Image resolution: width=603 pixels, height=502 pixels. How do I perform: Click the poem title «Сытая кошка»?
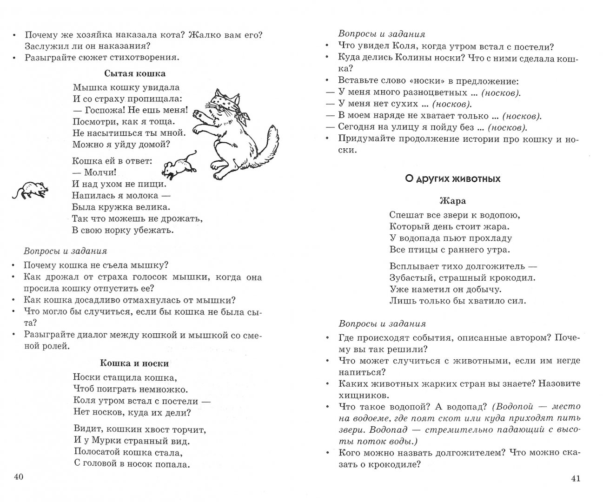click(x=135, y=73)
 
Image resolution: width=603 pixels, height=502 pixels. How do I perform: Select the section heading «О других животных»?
click(x=453, y=178)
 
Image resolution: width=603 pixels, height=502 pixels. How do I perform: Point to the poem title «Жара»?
click(x=453, y=201)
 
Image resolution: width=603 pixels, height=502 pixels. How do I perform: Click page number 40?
click(x=19, y=477)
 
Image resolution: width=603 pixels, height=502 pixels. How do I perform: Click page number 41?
click(x=575, y=479)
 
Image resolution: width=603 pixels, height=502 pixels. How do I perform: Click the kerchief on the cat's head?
click(x=222, y=100)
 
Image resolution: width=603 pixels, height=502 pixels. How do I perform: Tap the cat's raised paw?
click(x=200, y=113)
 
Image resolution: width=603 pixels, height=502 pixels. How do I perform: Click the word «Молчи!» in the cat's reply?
click(x=100, y=172)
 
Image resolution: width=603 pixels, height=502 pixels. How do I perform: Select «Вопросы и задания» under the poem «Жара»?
click(x=382, y=324)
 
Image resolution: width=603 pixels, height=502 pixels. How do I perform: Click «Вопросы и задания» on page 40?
click(x=66, y=251)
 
